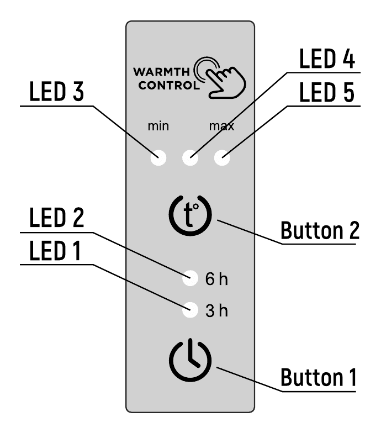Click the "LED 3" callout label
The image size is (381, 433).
[x=56, y=92]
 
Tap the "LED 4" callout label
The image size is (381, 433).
[x=327, y=59]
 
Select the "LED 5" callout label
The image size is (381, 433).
[x=327, y=92]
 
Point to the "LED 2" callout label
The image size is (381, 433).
[x=56, y=218]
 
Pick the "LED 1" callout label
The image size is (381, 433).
[x=55, y=250]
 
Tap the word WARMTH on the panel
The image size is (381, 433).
[x=161, y=72]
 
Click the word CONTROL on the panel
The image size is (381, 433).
[x=169, y=85]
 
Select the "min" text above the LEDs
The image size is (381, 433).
[x=158, y=126]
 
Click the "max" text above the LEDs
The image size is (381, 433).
[x=222, y=126]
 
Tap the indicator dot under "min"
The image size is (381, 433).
[x=158, y=158]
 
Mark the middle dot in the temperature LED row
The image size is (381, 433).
[x=190, y=158]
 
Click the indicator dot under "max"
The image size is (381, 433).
[x=222, y=158]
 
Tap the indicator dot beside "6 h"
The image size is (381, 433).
[x=190, y=278]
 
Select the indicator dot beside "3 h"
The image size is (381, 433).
[x=190, y=310]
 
